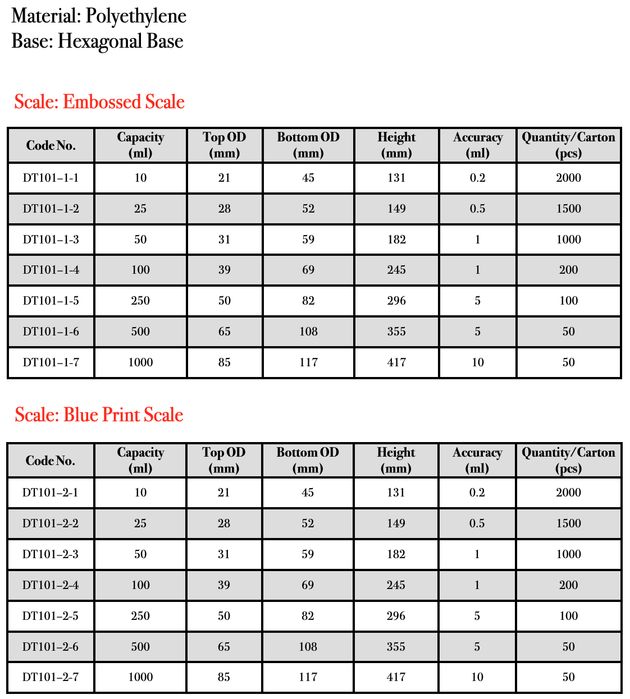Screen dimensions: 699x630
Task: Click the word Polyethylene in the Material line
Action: [x=136, y=16]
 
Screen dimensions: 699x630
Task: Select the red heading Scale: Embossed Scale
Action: [x=99, y=102]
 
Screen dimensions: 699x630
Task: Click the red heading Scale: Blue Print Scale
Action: [x=99, y=415]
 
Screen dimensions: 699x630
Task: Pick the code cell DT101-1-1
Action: [x=51, y=178]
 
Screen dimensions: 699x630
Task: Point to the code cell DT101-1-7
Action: [x=51, y=362]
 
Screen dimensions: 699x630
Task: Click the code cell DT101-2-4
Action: [x=51, y=585]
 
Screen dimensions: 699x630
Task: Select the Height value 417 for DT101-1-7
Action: [x=396, y=362]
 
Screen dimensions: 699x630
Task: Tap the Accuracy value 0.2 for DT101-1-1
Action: [x=477, y=178]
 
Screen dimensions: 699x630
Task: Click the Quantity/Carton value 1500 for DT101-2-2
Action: [x=568, y=523]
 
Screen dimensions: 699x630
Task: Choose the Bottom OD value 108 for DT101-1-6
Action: [x=308, y=332]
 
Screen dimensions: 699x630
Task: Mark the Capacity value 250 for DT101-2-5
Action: [x=140, y=616]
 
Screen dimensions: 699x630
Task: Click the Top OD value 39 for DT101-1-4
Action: [x=225, y=270]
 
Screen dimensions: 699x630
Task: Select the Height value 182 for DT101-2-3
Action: [x=396, y=554]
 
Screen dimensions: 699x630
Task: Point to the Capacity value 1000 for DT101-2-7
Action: [x=140, y=677]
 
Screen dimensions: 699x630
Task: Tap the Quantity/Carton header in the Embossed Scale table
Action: [x=568, y=145]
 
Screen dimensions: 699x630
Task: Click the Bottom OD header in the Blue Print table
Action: [x=308, y=460]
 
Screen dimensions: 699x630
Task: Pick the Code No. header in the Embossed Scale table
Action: [x=51, y=146]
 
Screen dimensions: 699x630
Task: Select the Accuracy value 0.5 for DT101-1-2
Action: [x=477, y=209]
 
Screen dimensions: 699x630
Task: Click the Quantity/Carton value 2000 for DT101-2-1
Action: [x=568, y=493]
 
